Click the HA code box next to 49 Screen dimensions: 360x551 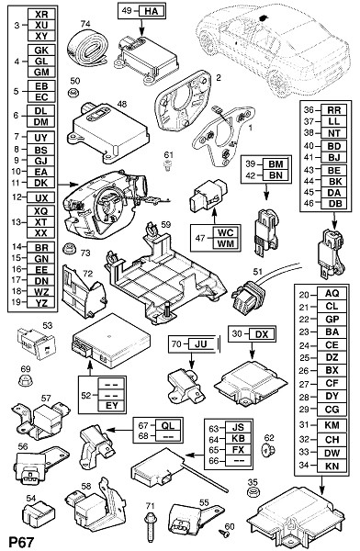152,11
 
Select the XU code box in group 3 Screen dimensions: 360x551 41,25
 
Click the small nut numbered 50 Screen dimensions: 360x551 73,93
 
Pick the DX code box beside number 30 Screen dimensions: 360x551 261,334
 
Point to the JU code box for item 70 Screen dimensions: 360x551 201,343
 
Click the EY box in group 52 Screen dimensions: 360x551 112,406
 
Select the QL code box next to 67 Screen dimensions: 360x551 168,425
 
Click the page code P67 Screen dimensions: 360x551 21,542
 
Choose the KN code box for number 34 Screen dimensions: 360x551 332,466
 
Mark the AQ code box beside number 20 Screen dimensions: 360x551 332,293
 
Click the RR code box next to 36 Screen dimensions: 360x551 334,110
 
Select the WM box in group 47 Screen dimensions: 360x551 226,243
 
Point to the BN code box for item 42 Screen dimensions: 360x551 276,175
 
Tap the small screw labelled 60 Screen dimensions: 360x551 223,534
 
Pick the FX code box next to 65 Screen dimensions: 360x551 239,450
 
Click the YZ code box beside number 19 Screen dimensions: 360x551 41,302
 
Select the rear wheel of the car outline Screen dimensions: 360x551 279,84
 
